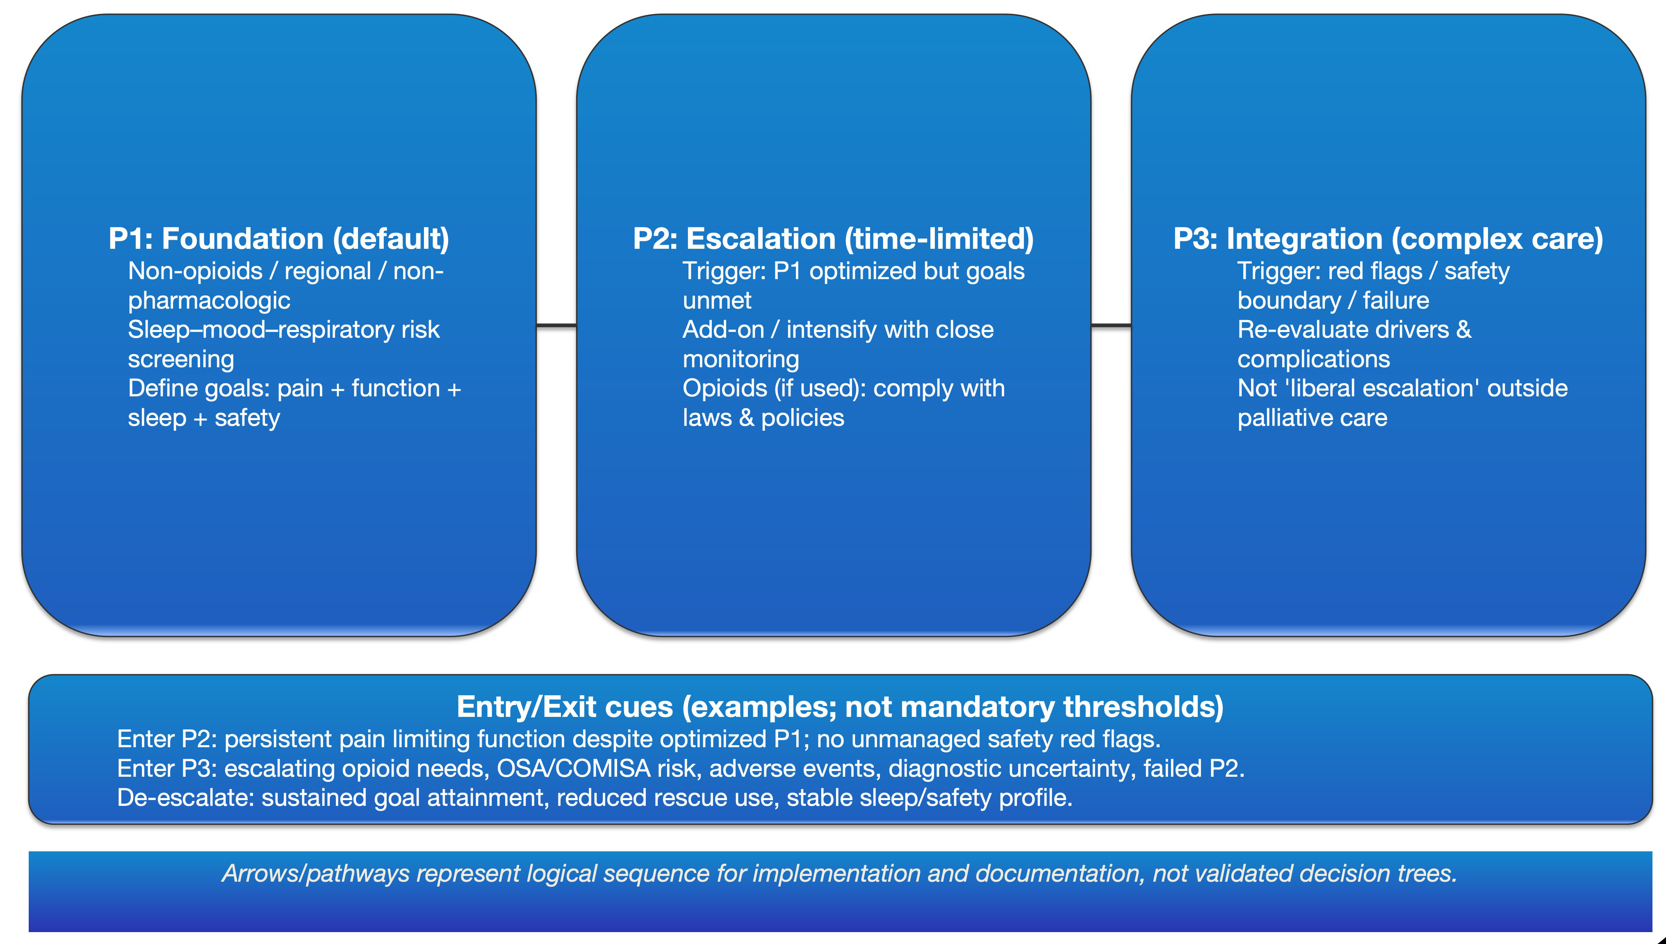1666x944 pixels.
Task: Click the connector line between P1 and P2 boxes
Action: point(556,325)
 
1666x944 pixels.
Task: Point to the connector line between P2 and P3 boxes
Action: point(1111,325)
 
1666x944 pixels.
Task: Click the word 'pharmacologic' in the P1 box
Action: point(209,300)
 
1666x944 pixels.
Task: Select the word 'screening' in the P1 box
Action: point(181,359)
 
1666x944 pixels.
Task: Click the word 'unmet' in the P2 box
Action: point(717,300)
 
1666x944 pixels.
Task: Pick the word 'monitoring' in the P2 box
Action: point(741,359)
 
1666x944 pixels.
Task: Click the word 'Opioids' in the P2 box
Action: point(725,388)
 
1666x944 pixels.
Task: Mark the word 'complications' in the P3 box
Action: point(1313,359)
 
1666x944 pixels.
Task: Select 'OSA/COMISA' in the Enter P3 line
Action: point(573,768)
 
